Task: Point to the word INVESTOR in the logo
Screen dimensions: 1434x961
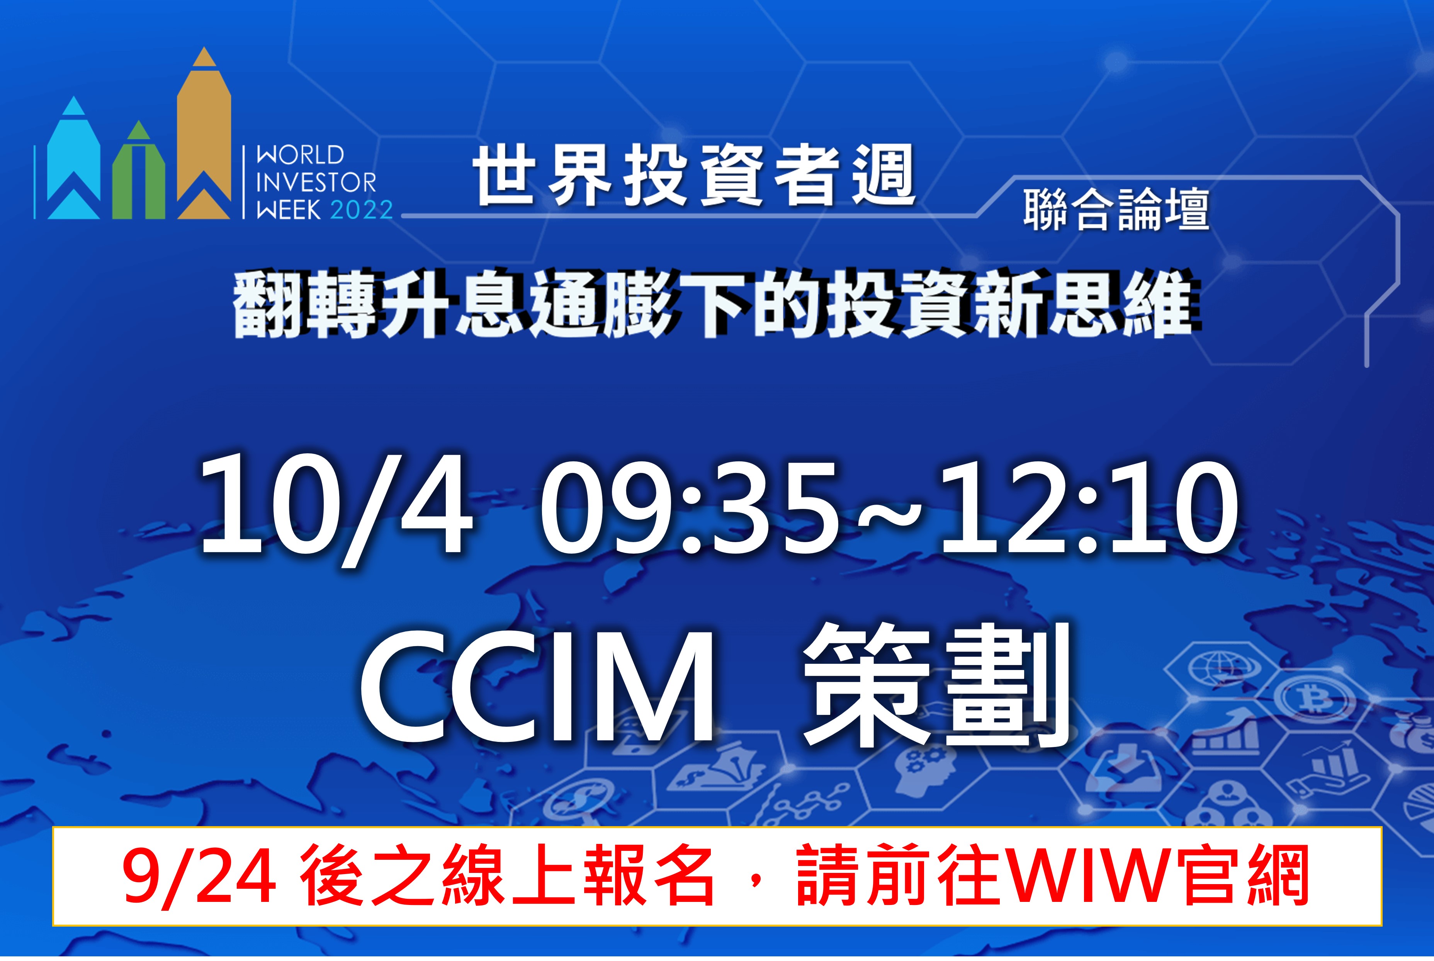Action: pyautogui.click(x=316, y=183)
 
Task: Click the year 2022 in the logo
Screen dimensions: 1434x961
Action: pyautogui.click(x=362, y=210)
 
